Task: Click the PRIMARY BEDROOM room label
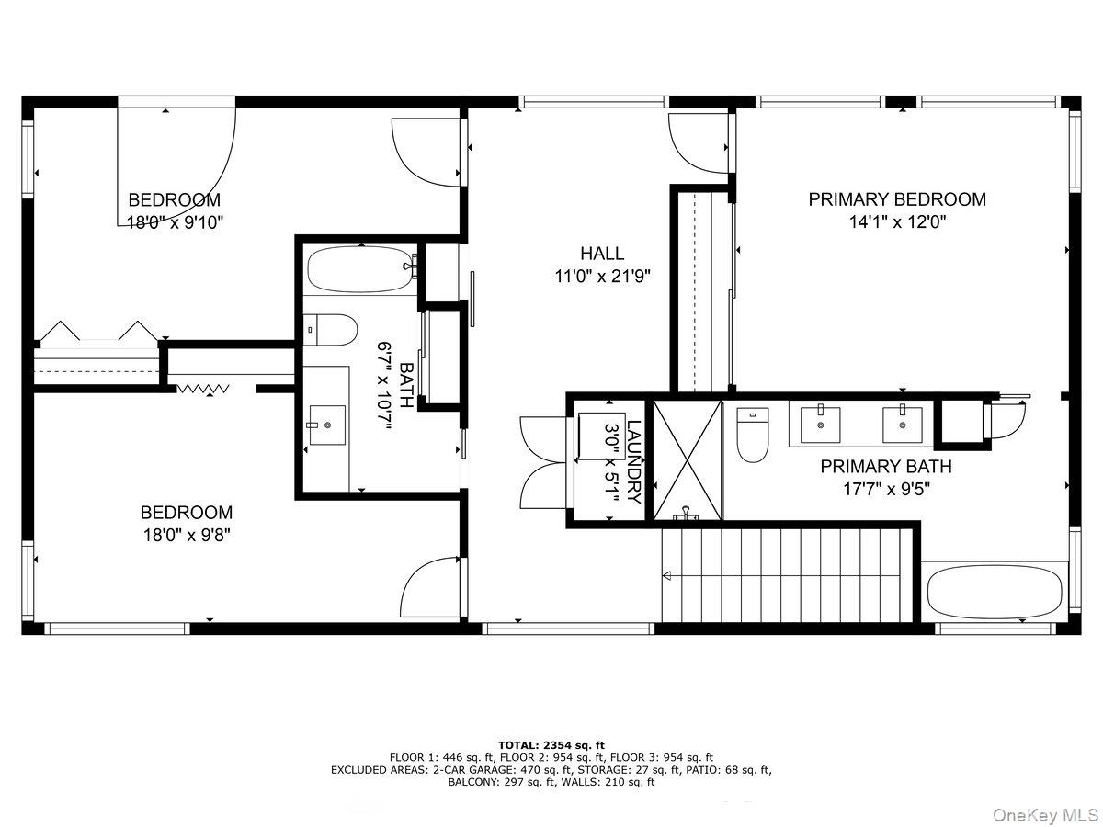pyautogui.click(x=896, y=199)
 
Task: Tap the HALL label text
pyautogui.click(x=602, y=254)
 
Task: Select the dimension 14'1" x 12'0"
pyautogui.click(x=896, y=222)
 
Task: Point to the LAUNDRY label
pyautogui.click(x=633, y=462)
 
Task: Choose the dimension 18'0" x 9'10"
pyautogui.click(x=175, y=222)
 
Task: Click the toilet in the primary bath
pyautogui.click(x=752, y=436)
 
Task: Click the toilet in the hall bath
pyautogui.click(x=331, y=329)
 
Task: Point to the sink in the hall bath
pyautogui.click(x=326, y=425)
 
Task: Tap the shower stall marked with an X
pyautogui.click(x=687, y=459)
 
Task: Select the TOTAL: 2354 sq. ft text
pyautogui.click(x=551, y=744)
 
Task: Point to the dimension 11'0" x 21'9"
pyautogui.click(x=602, y=277)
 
